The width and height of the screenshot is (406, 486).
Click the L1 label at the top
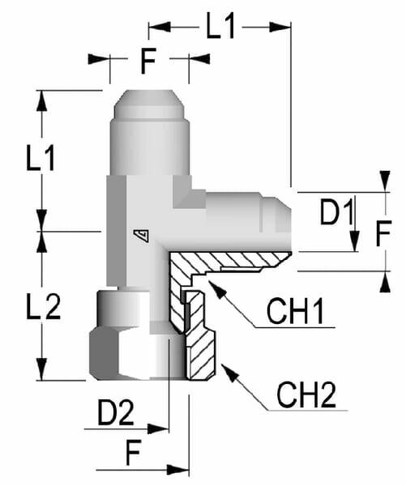pyautogui.click(x=220, y=27)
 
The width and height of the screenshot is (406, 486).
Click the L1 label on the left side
pyautogui.click(x=41, y=158)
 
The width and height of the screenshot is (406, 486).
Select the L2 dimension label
pyautogui.click(x=43, y=306)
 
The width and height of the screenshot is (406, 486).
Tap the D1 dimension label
pyautogui.click(x=336, y=212)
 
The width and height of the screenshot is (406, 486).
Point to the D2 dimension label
pyautogui.click(x=116, y=412)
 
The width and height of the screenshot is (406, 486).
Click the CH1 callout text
pyautogui.click(x=295, y=311)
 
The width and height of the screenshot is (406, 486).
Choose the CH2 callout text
pyautogui.click(x=306, y=394)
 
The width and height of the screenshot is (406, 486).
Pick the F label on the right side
pyautogui.click(x=383, y=233)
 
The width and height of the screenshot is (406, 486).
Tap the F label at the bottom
pyautogui.click(x=134, y=452)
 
